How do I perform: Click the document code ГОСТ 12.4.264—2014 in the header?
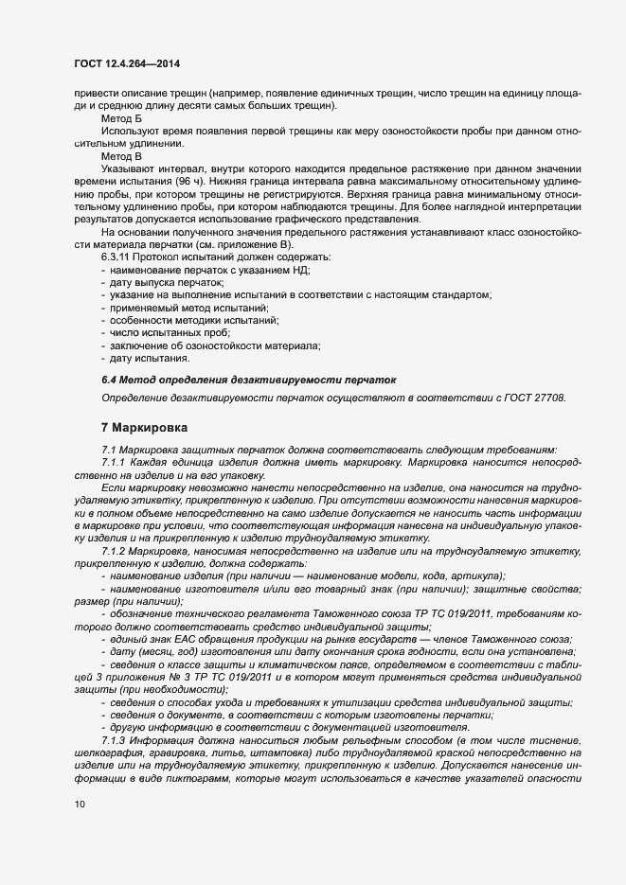pyautogui.click(x=126, y=63)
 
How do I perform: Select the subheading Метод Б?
pyautogui.click(x=121, y=120)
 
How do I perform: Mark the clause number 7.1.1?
pyautogui.click(x=117, y=461)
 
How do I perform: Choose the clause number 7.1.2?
pyautogui.click(x=117, y=550)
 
